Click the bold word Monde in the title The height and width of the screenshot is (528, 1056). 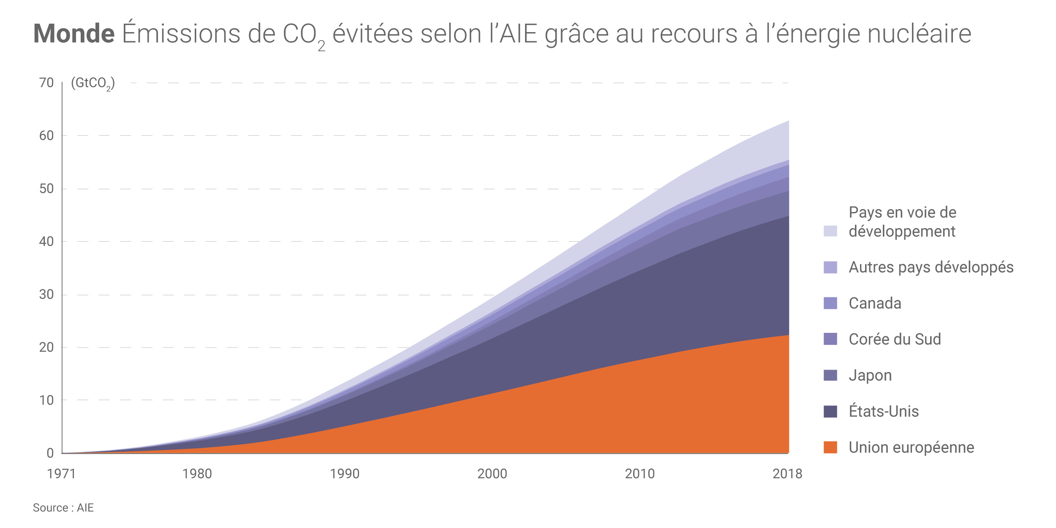pos(74,34)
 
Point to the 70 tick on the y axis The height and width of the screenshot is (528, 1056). pos(46,83)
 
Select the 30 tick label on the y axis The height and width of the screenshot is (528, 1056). pos(46,294)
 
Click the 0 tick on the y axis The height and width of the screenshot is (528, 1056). pos(50,453)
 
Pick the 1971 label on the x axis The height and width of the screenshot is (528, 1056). pos(62,474)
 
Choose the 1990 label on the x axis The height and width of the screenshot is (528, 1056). pos(345,474)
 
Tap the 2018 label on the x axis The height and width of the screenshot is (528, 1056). pos(787,474)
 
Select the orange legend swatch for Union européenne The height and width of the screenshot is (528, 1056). pos(830,447)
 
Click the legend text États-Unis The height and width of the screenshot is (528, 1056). pos(884,411)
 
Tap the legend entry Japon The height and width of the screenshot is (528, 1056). pos(870,376)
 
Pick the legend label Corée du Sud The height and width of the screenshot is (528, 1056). pos(895,339)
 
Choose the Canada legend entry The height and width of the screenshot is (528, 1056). pos(875,303)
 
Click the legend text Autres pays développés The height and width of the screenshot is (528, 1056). pos(931,267)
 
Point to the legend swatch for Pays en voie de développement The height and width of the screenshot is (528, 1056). pos(830,231)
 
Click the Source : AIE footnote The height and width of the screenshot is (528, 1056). pos(63,508)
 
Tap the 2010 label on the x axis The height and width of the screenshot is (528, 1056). pos(640,474)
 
